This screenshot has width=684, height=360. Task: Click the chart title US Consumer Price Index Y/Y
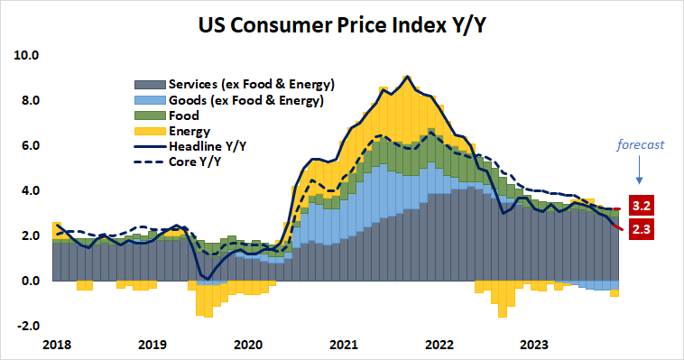click(x=341, y=24)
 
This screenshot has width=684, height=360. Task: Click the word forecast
click(x=642, y=143)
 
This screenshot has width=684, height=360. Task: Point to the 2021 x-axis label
click(x=344, y=344)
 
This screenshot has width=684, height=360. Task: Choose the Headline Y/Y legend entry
click(x=209, y=146)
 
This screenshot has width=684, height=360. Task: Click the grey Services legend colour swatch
click(x=142, y=84)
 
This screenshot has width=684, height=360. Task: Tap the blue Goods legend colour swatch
click(x=142, y=100)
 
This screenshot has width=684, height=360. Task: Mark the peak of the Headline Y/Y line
click(x=408, y=77)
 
